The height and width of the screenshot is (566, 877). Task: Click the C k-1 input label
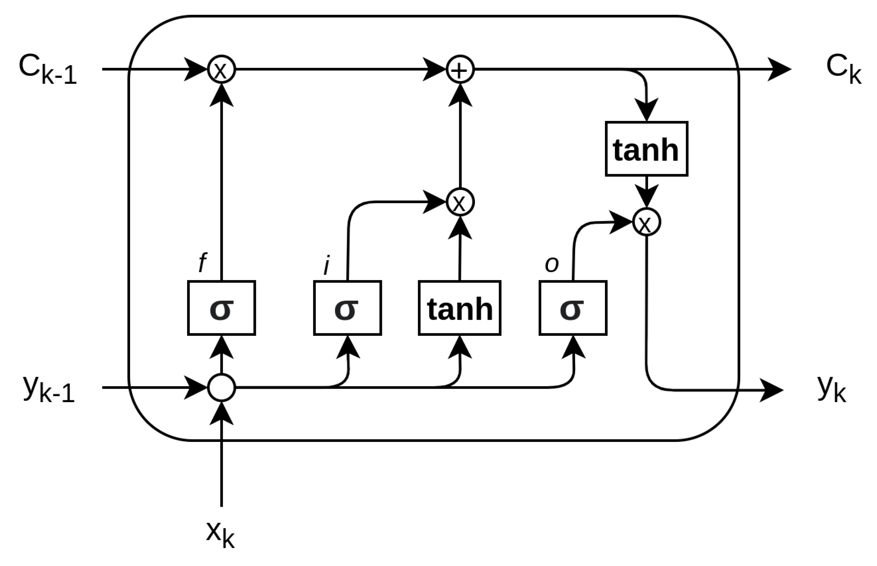pyautogui.click(x=48, y=69)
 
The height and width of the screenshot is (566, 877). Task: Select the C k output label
pyautogui.click(x=843, y=69)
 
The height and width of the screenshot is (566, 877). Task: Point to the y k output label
pyautogui.click(x=832, y=389)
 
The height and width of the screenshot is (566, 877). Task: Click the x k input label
pyautogui.click(x=220, y=534)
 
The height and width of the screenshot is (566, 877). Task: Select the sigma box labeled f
pyautogui.click(x=222, y=308)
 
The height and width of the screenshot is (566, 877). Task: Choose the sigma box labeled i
pyautogui.click(x=347, y=308)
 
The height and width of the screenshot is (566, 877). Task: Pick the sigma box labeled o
pyautogui.click(x=573, y=308)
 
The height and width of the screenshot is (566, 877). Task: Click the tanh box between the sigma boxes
pyautogui.click(x=459, y=308)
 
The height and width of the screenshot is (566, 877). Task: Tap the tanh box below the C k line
pyautogui.click(x=646, y=149)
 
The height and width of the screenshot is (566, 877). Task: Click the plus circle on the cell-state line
pyautogui.click(x=460, y=69)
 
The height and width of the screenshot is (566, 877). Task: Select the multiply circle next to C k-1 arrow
pyautogui.click(x=222, y=69)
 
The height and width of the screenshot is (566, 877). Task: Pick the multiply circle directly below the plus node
pyautogui.click(x=460, y=202)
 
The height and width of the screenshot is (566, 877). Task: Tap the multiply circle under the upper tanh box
pyautogui.click(x=647, y=222)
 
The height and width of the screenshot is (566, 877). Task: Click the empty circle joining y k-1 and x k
pyautogui.click(x=222, y=387)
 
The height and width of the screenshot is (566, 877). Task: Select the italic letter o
pyautogui.click(x=551, y=264)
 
